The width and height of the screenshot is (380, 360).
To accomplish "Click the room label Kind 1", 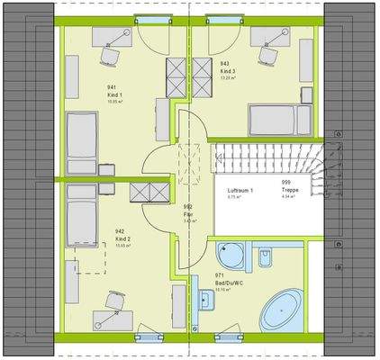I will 115,94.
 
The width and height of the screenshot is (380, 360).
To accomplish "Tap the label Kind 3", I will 228,71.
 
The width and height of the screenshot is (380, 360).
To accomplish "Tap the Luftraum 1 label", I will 240,192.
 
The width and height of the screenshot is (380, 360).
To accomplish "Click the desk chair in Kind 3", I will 267,54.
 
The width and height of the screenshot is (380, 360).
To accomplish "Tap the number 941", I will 113,87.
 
